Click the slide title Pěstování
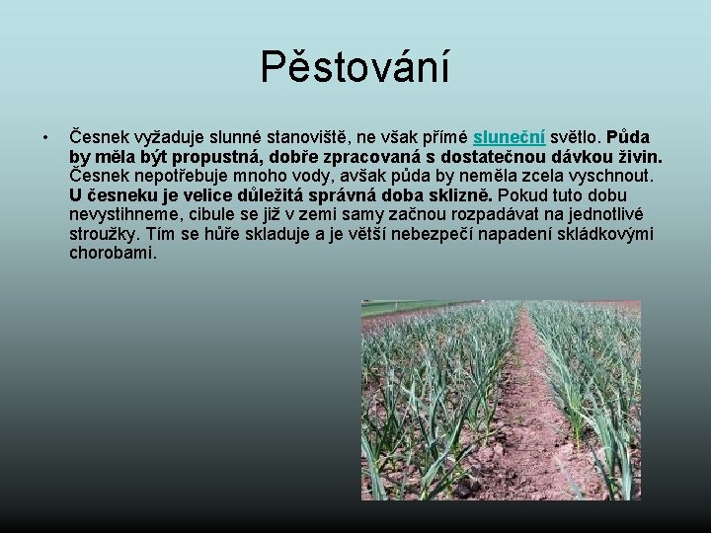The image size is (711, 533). click(x=355, y=67)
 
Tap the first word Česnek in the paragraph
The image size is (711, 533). click(x=98, y=136)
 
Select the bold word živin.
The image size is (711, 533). click(x=637, y=156)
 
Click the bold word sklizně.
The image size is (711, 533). click(x=470, y=194)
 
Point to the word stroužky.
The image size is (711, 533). click(x=105, y=234)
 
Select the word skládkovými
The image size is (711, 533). click(x=604, y=234)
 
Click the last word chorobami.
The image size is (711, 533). click(x=113, y=253)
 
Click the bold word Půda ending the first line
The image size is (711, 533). click(x=628, y=136)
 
